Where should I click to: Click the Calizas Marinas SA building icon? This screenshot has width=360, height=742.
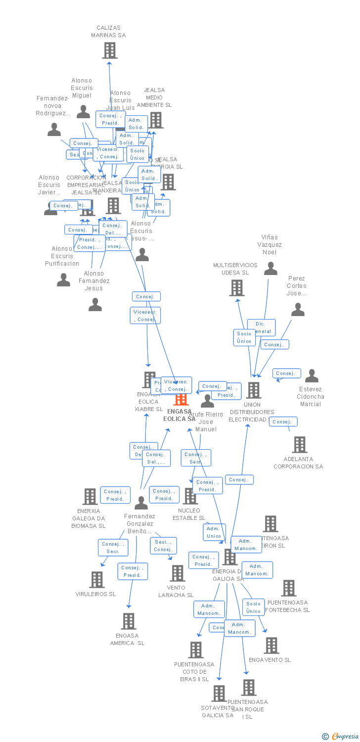click(109, 50)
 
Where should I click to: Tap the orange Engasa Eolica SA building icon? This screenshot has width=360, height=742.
click(181, 399)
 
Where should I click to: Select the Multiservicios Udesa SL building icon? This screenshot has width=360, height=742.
click(237, 288)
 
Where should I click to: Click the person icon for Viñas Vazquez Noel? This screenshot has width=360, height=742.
click(270, 269)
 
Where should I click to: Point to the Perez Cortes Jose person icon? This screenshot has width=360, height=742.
click(298, 310)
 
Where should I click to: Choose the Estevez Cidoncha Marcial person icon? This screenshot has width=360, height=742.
click(312, 376)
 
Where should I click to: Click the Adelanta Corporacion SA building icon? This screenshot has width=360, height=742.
click(299, 445)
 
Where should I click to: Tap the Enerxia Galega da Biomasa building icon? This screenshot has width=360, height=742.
click(90, 497)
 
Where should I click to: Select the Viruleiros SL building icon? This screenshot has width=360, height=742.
click(96, 580)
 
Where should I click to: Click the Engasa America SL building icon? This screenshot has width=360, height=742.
click(129, 621)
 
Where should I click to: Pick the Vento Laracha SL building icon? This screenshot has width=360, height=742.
click(177, 573)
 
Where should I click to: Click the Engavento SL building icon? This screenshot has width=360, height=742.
click(271, 646)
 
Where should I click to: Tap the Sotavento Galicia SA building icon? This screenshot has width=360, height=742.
click(219, 694)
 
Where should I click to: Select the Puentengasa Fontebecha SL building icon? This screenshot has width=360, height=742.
click(288, 588)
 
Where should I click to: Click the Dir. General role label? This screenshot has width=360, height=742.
click(261, 327)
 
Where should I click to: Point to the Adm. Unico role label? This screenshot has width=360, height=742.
click(214, 532)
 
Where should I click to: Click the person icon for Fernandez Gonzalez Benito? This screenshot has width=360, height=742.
click(141, 503)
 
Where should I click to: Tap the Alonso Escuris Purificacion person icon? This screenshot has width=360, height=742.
click(63, 280)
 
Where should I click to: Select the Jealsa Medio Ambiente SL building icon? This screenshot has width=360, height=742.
click(156, 120)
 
